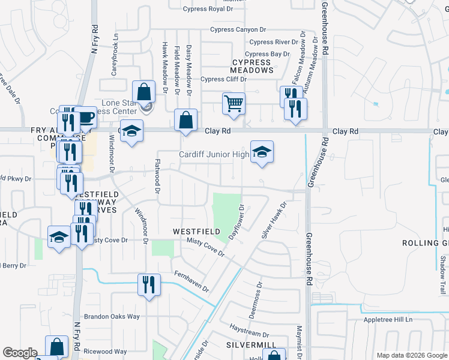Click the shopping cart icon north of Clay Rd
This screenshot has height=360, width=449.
(x=234, y=103)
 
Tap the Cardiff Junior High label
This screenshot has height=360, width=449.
(x=214, y=155)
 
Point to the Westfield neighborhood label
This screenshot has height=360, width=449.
(x=194, y=231)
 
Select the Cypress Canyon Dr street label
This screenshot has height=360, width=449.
(x=238, y=30)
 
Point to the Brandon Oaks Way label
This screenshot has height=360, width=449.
(x=112, y=316)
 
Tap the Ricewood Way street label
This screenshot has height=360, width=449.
(x=105, y=352)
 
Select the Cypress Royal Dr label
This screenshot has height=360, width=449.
(x=208, y=10)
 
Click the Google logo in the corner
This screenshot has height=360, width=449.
(x=20, y=353)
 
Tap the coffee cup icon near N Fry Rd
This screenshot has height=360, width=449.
(x=86, y=118)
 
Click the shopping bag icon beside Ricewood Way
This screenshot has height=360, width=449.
(x=56, y=346)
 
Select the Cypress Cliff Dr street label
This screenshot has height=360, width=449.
(x=223, y=79)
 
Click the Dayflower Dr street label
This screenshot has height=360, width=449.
(x=236, y=223)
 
